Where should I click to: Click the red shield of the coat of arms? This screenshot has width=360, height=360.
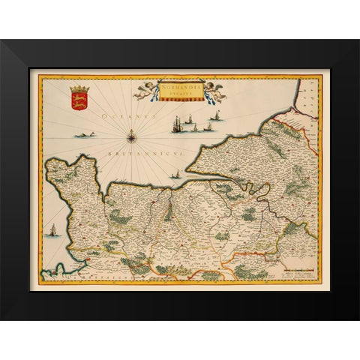point(78,100)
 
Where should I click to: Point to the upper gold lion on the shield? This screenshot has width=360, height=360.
point(78,97)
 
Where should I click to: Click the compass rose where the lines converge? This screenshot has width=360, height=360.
point(132,136)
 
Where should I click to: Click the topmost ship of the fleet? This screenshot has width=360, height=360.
point(217,115)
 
